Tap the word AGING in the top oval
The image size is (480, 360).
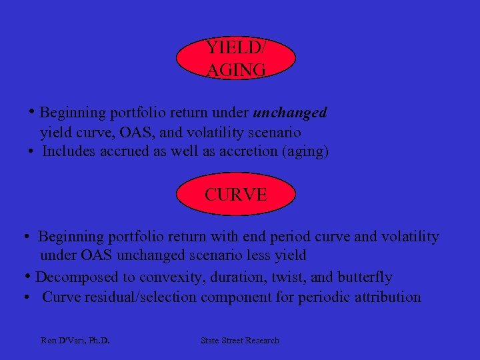pos(236,69)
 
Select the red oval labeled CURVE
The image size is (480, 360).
pos(236,195)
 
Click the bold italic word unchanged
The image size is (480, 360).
pos(290,113)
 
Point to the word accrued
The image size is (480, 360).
pos(124,151)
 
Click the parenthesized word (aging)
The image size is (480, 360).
pos(305,151)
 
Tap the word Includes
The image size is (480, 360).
pos(69,151)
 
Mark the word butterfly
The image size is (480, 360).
pos(365,277)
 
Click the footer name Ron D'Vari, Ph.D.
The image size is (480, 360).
pos(75,341)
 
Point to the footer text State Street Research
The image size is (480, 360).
pos(240,341)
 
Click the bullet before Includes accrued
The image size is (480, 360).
pos(31,151)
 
